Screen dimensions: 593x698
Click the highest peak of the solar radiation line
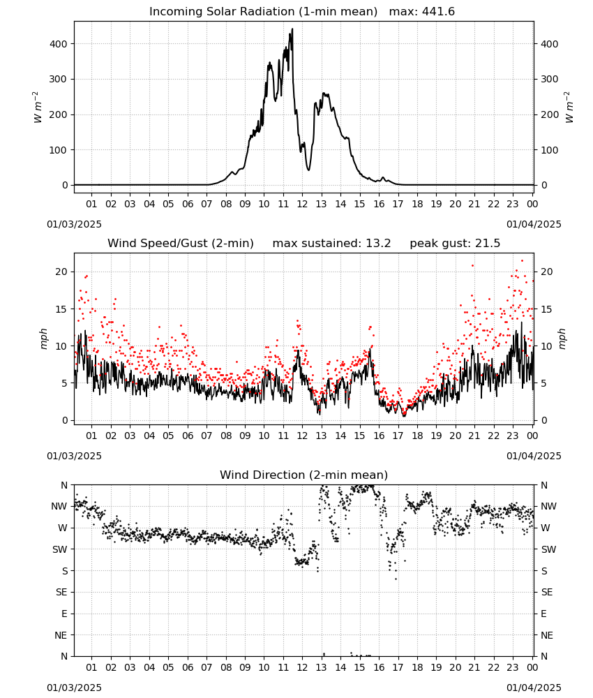292,29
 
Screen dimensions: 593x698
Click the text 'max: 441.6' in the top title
422,12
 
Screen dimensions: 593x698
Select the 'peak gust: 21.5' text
455,244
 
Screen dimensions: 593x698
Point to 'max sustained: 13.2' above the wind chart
331,244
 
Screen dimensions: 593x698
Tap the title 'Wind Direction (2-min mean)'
304,475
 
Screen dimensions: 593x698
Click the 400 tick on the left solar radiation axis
59,44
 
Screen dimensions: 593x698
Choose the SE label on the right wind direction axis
547,592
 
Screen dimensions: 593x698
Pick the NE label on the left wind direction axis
61,635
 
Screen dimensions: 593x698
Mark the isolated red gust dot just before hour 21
472,266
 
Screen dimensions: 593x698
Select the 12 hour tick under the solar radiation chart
302,204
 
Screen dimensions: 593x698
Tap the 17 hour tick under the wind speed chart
398,436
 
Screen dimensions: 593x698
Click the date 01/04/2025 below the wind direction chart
534,688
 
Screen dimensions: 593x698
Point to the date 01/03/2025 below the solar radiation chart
74,224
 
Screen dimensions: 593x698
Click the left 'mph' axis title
43,339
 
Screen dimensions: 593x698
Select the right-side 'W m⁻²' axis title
569,107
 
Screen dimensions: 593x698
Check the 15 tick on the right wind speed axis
546,309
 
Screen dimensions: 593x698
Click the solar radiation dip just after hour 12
309,170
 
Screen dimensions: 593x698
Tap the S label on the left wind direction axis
65,571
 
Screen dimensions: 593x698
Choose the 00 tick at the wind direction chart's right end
532,667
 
